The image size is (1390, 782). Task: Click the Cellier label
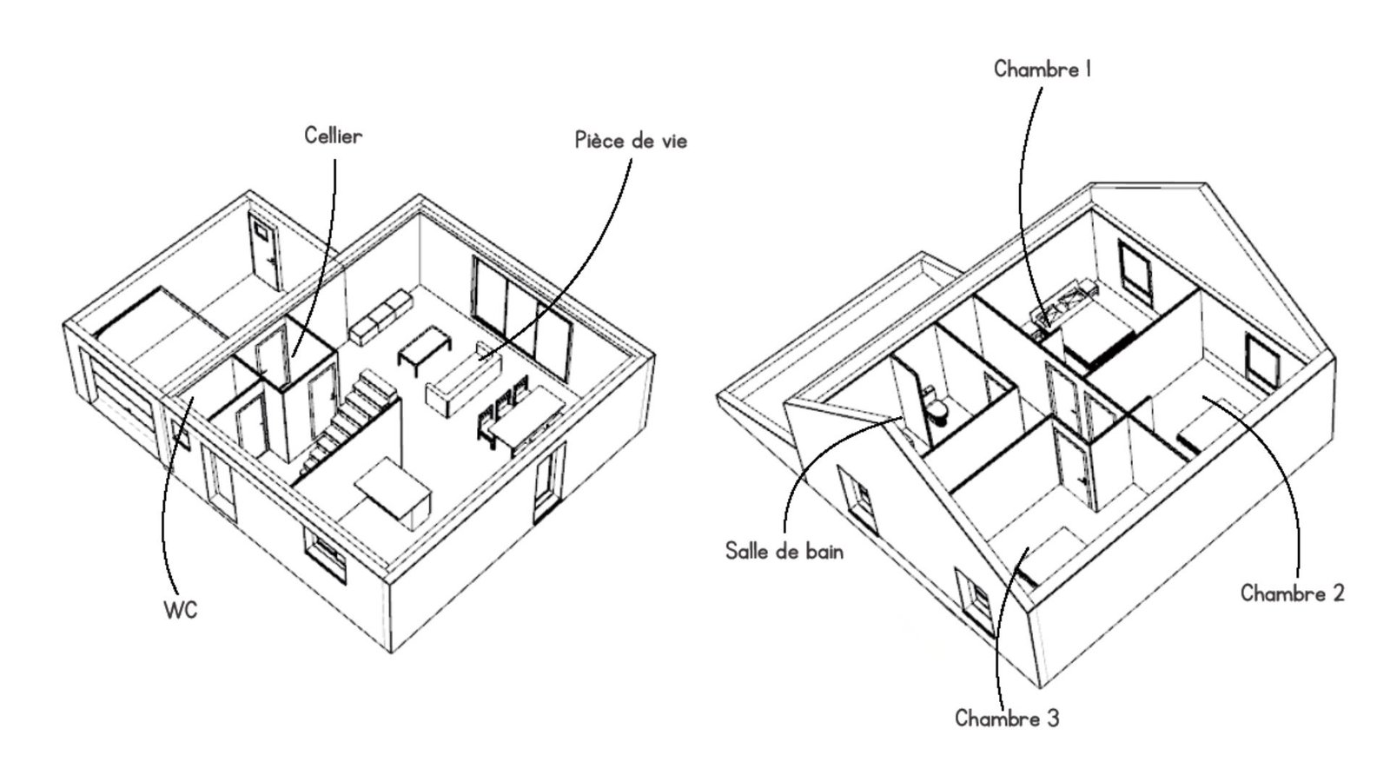coord(334,136)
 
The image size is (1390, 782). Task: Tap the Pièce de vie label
coord(631,140)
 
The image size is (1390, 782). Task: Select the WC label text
coord(181,610)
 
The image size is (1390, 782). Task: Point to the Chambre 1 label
coord(1042,69)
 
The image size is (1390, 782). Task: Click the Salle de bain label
coord(784,551)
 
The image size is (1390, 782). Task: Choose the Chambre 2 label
coord(1293,593)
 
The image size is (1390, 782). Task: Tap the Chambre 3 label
coord(1007,719)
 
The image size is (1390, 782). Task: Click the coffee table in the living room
coord(425,348)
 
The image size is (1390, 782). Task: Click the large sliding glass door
coord(521,316)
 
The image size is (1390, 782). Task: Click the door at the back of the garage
coord(265,251)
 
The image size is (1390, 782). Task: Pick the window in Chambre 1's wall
coord(1135,272)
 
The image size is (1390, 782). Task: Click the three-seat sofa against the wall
coord(381,318)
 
